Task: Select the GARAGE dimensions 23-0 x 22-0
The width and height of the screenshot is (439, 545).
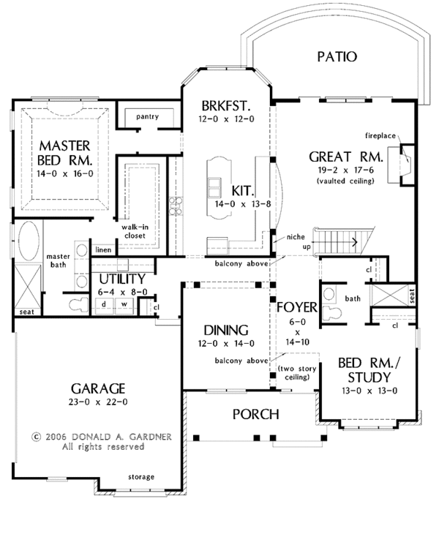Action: point(97,402)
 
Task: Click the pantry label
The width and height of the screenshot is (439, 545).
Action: point(148,116)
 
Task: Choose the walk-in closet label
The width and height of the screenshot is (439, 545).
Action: point(134,231)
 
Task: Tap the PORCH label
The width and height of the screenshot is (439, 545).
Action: point(255,414)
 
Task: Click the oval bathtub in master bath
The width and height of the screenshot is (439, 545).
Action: point(29,239)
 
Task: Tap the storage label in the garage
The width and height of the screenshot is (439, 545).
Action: point(140,476)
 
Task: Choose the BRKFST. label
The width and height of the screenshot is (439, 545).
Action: point(226,105)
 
